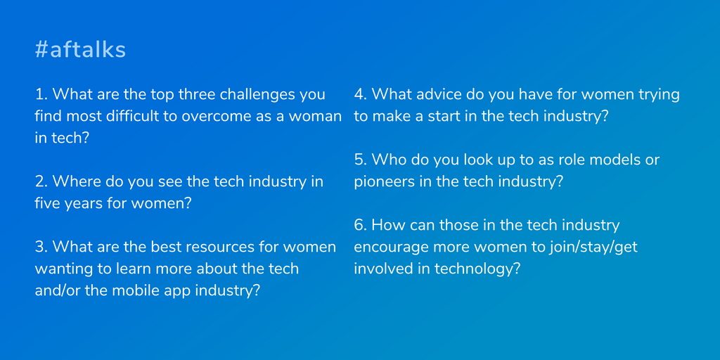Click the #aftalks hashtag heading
tap(80, 50)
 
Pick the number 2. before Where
tap(41, 181)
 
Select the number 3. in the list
tap(41, 247)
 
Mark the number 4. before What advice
tap(360, 95)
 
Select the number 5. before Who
tap(360, 160)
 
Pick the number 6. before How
tap(360, 225)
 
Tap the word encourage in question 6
tap(388, 248)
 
